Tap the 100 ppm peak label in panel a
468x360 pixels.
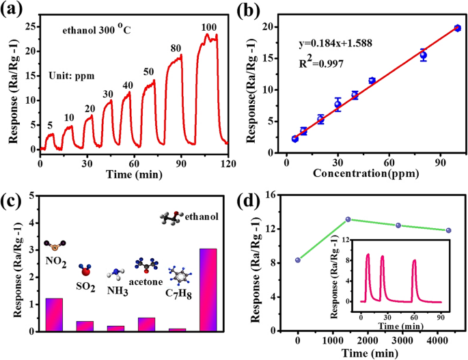click(x=209, y=27)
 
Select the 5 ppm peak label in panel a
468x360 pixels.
click(x=49, y=124)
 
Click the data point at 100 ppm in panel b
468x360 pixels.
click(x=457, y=28)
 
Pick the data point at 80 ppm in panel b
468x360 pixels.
click(x=423, y=55)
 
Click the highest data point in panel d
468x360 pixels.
click(x=348, y=219)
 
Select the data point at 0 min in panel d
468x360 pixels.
click(x=298, y=260)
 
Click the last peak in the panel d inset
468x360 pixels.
click(x=414, y=261)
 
